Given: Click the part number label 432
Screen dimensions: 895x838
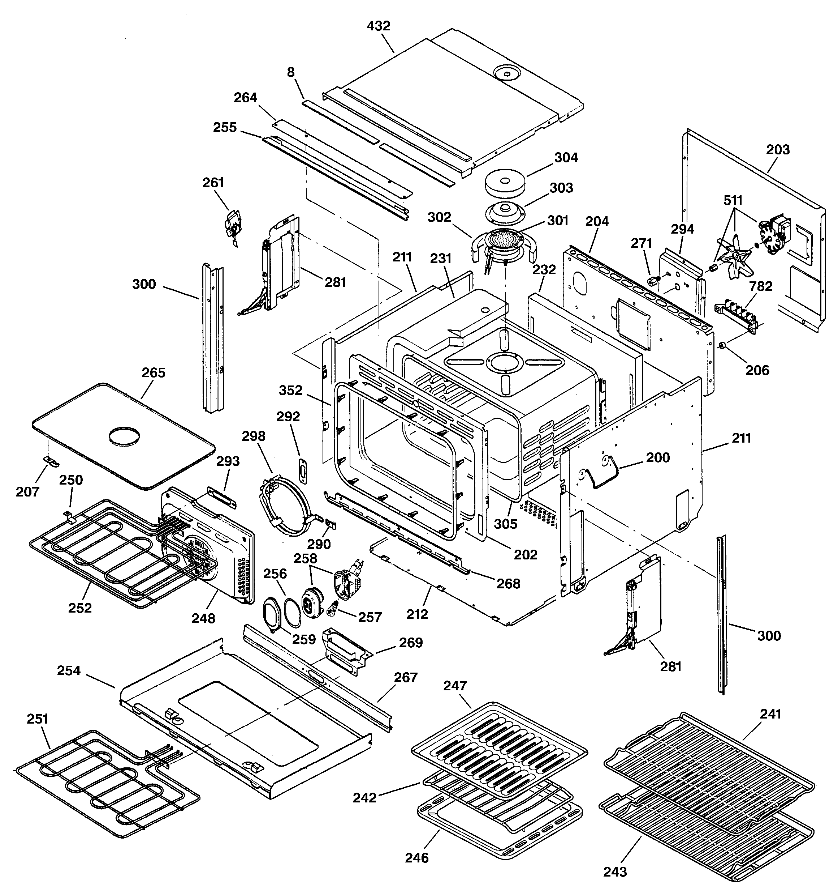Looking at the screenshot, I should [x=378, y=26].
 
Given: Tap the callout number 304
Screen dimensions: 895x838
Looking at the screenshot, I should [x=566, y=158].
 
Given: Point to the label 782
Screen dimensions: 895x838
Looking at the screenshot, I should [x=761, y=286].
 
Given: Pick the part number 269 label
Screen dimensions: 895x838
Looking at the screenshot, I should [x=410, y=643].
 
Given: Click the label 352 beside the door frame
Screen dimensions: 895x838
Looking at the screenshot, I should [x=290, y=390].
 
